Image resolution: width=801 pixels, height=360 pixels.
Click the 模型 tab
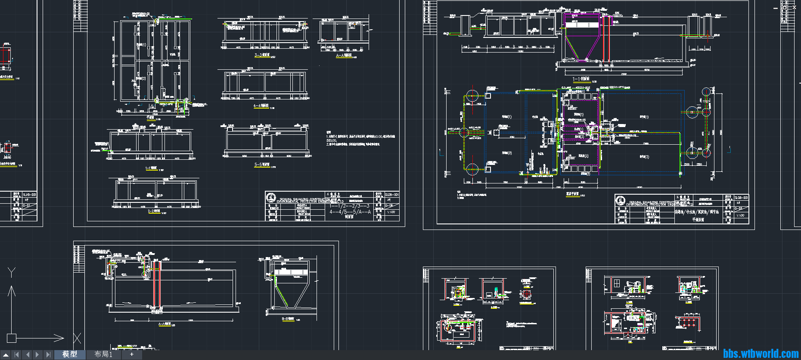pos(69,354)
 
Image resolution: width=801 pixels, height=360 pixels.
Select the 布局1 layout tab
pos(103,354)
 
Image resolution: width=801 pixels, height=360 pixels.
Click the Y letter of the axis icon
pos(12,272)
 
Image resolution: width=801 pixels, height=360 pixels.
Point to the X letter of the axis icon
pos(77,338)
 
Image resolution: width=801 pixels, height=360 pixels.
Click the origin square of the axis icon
pos(12,338)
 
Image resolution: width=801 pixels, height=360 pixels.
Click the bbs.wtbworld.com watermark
pos(761,354)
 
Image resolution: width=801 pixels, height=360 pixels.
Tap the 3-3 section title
pos(262,55)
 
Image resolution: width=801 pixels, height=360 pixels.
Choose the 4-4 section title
pos(261,106)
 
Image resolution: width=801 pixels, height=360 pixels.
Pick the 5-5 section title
pos(261,164)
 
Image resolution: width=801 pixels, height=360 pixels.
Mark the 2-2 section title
pos(154,211)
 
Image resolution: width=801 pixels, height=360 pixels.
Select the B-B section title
pos(288,319)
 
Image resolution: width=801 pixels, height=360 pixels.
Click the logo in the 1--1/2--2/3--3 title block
pos(271,198)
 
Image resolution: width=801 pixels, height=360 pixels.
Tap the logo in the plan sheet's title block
pos(620,200)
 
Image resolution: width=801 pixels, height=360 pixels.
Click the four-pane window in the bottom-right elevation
pos(616,283)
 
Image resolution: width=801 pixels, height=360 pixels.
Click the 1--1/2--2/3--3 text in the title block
pos(349,206)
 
